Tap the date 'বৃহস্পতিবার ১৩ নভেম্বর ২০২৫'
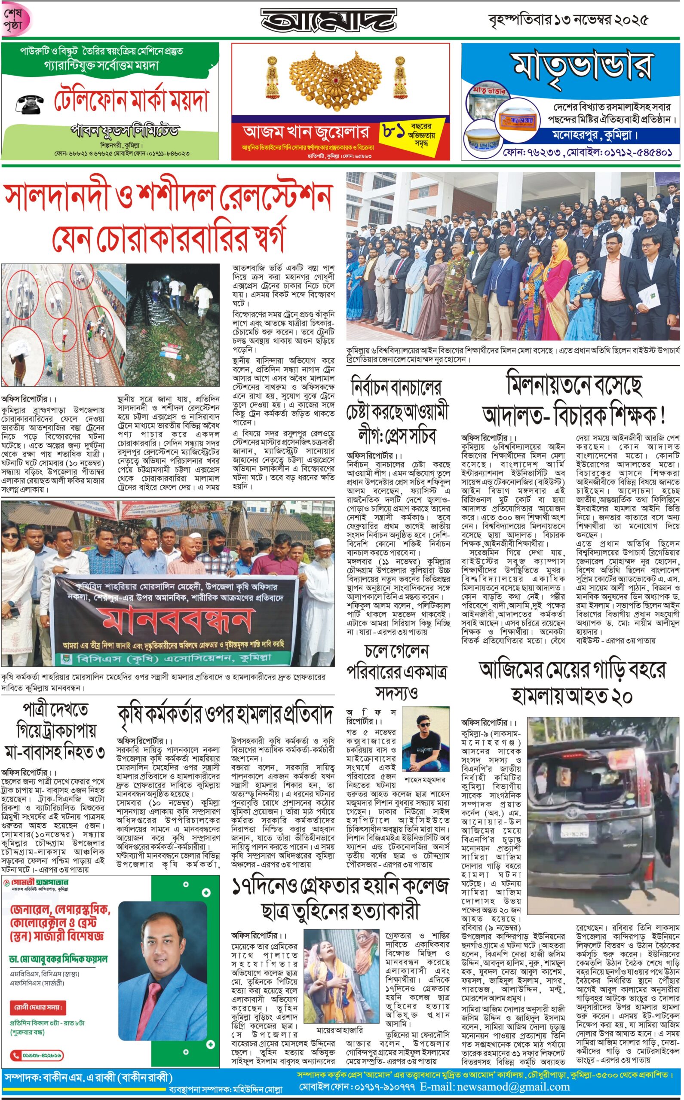[x=568, y=20]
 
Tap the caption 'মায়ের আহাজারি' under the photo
[x=339, y=1030]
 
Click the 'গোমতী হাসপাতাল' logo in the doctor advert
[x=36, y=883]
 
